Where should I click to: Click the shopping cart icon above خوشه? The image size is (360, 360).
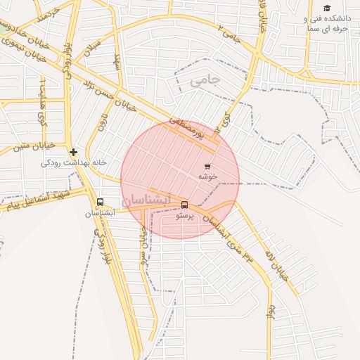tap(207, 165)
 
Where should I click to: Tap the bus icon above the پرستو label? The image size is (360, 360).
tap(184, 205)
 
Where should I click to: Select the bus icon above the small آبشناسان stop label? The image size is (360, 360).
tap(100, 202)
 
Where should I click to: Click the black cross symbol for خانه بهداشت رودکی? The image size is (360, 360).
tap(73, 152)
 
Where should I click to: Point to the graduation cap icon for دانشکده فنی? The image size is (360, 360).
tap(327, 8)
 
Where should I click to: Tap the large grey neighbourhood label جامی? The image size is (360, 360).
tap(205, 81)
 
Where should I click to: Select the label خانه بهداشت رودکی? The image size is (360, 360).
tap(74, 162)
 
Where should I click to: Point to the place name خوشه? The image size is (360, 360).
tap(207, 176)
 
